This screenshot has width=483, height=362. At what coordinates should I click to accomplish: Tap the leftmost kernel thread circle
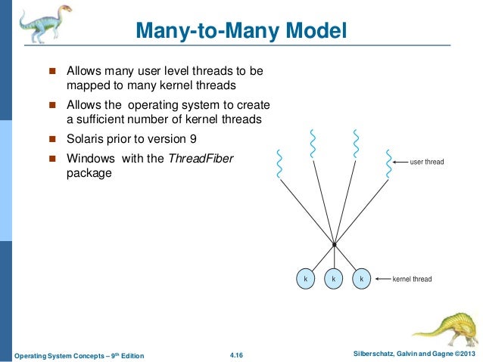(x=305, y=279)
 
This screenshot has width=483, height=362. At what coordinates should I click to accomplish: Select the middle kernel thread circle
(x=333, y=279)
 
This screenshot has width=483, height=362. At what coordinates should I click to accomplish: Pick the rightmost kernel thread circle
(x=361, y=279)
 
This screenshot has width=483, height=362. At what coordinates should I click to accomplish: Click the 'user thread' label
(x=427, y=162)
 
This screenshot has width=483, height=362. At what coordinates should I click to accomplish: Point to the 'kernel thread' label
(x=412, y=279)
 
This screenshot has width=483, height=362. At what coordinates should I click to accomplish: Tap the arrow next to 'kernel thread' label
(x=382, y=279)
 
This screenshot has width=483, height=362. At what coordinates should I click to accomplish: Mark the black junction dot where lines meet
(x=333, y=244)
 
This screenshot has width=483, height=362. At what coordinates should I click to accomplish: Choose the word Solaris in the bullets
(x=87, y=139)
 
